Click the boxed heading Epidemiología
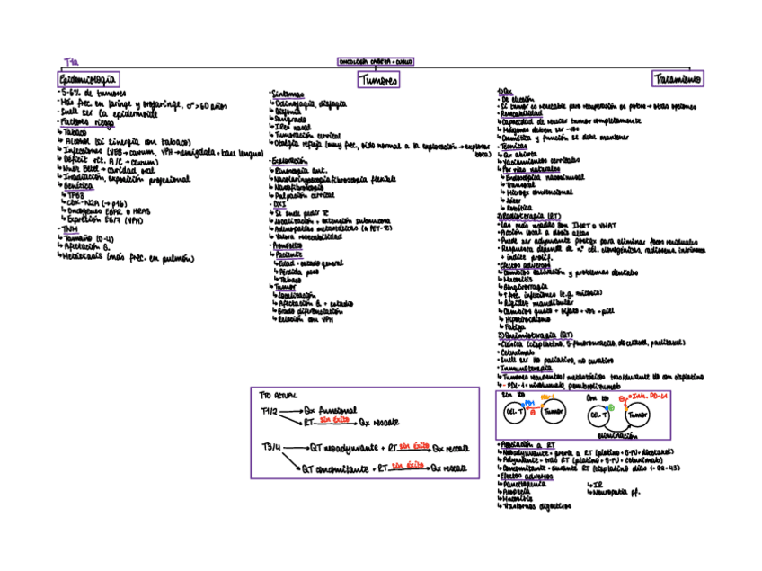pyautogui.click(x=88, y=79)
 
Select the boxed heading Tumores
pyautogui.click(x=378, y=80)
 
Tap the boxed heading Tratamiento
pyautogui.click(x=678, y=79)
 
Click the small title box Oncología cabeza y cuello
pyautogui.click(x=376, y=62)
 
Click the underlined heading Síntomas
pyautogui.click(x=288, y=94)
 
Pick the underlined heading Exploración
pyautogui.click(x=291, y=160)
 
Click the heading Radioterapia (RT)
pyautogui.click(x=530, y=217)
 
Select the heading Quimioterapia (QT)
pyautogui.click(x=535, y=334)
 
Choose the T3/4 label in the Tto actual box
pyautogui.click(x=271, y=447)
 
